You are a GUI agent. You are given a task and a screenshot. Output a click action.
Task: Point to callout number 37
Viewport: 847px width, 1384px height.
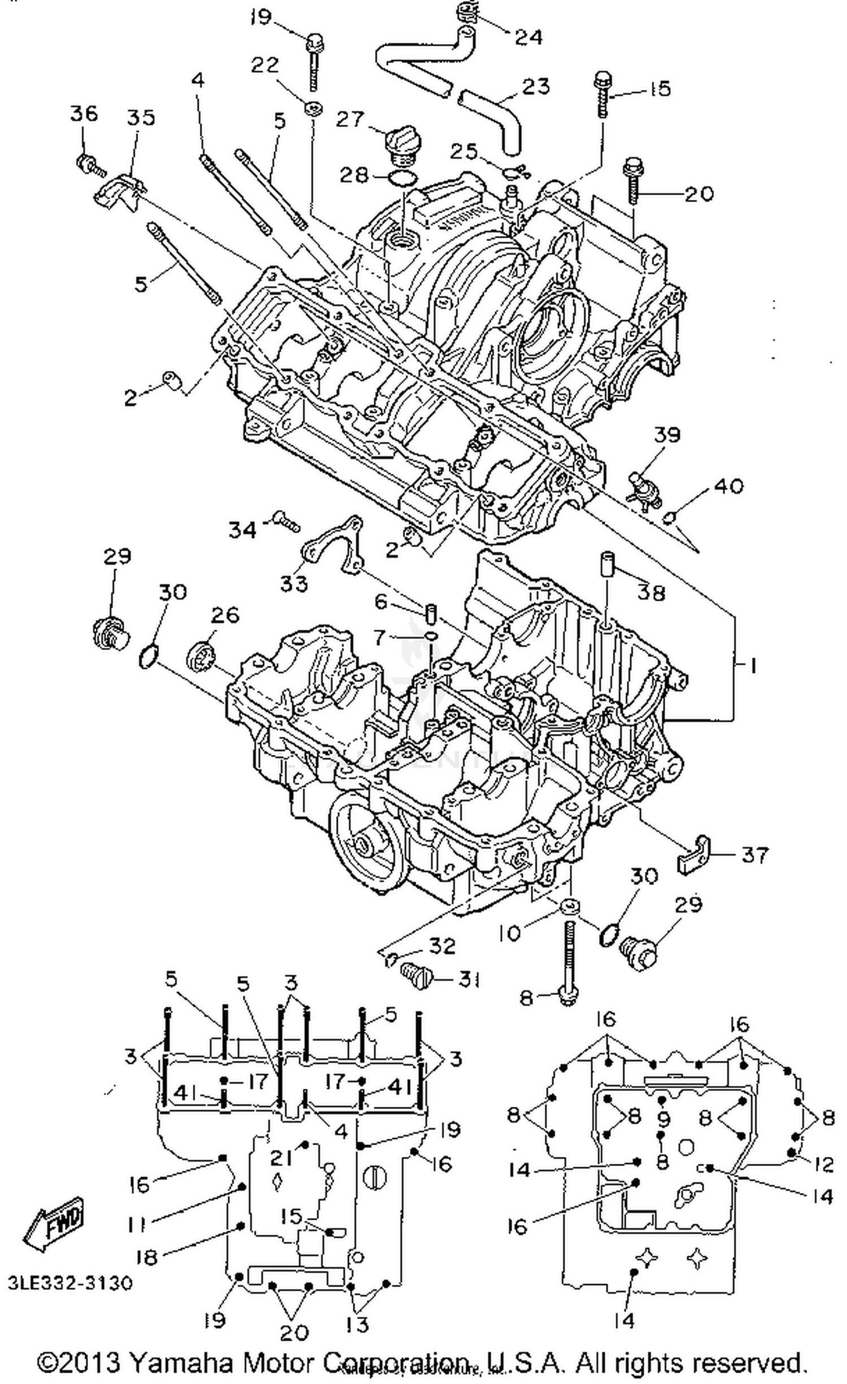754,854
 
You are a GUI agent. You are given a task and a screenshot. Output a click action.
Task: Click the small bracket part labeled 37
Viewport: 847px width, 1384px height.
693,856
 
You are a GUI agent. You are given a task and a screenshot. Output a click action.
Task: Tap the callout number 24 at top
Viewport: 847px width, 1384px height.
528,37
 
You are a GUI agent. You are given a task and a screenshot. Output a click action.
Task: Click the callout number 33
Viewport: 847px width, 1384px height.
294,583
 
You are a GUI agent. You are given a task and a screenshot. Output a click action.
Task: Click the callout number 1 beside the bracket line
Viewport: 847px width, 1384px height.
752,666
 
